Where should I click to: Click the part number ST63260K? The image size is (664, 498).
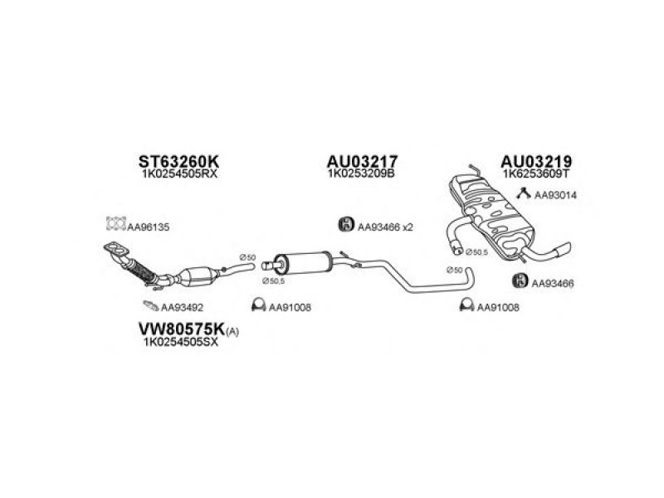point(178,161)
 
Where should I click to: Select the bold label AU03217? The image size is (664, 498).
point(362,161)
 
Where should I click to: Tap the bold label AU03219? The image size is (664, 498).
point(536,161)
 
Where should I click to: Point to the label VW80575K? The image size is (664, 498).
point(182,329)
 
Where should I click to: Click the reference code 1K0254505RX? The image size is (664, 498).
point(180,174)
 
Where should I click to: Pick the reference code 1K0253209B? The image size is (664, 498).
point(361,173)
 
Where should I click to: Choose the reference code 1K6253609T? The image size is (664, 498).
point(536,173)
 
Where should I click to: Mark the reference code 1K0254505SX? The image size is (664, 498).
point(181,342)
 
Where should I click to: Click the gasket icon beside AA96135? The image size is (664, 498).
point(116,223)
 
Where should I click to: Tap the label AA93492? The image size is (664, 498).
point(182,307)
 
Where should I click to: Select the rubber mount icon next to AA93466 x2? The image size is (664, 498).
point(346,224)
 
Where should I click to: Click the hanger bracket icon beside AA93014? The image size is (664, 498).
point(524,193)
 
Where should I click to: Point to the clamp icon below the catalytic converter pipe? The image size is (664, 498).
point(258,305)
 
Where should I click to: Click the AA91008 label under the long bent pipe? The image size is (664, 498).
point(498,307)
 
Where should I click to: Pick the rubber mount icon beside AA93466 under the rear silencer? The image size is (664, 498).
point(520,281)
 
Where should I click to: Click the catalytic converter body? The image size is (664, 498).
point(198,277)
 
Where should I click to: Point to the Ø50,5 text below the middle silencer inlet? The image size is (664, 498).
point(273,281)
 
